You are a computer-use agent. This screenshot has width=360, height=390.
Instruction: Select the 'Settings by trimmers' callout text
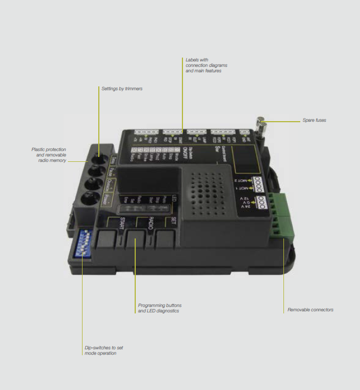(x=122, y=88)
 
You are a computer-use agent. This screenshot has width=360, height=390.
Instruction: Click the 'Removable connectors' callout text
(x=310, y=310)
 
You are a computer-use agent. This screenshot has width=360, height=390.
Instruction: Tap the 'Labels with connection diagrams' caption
(x=206, y=65)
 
